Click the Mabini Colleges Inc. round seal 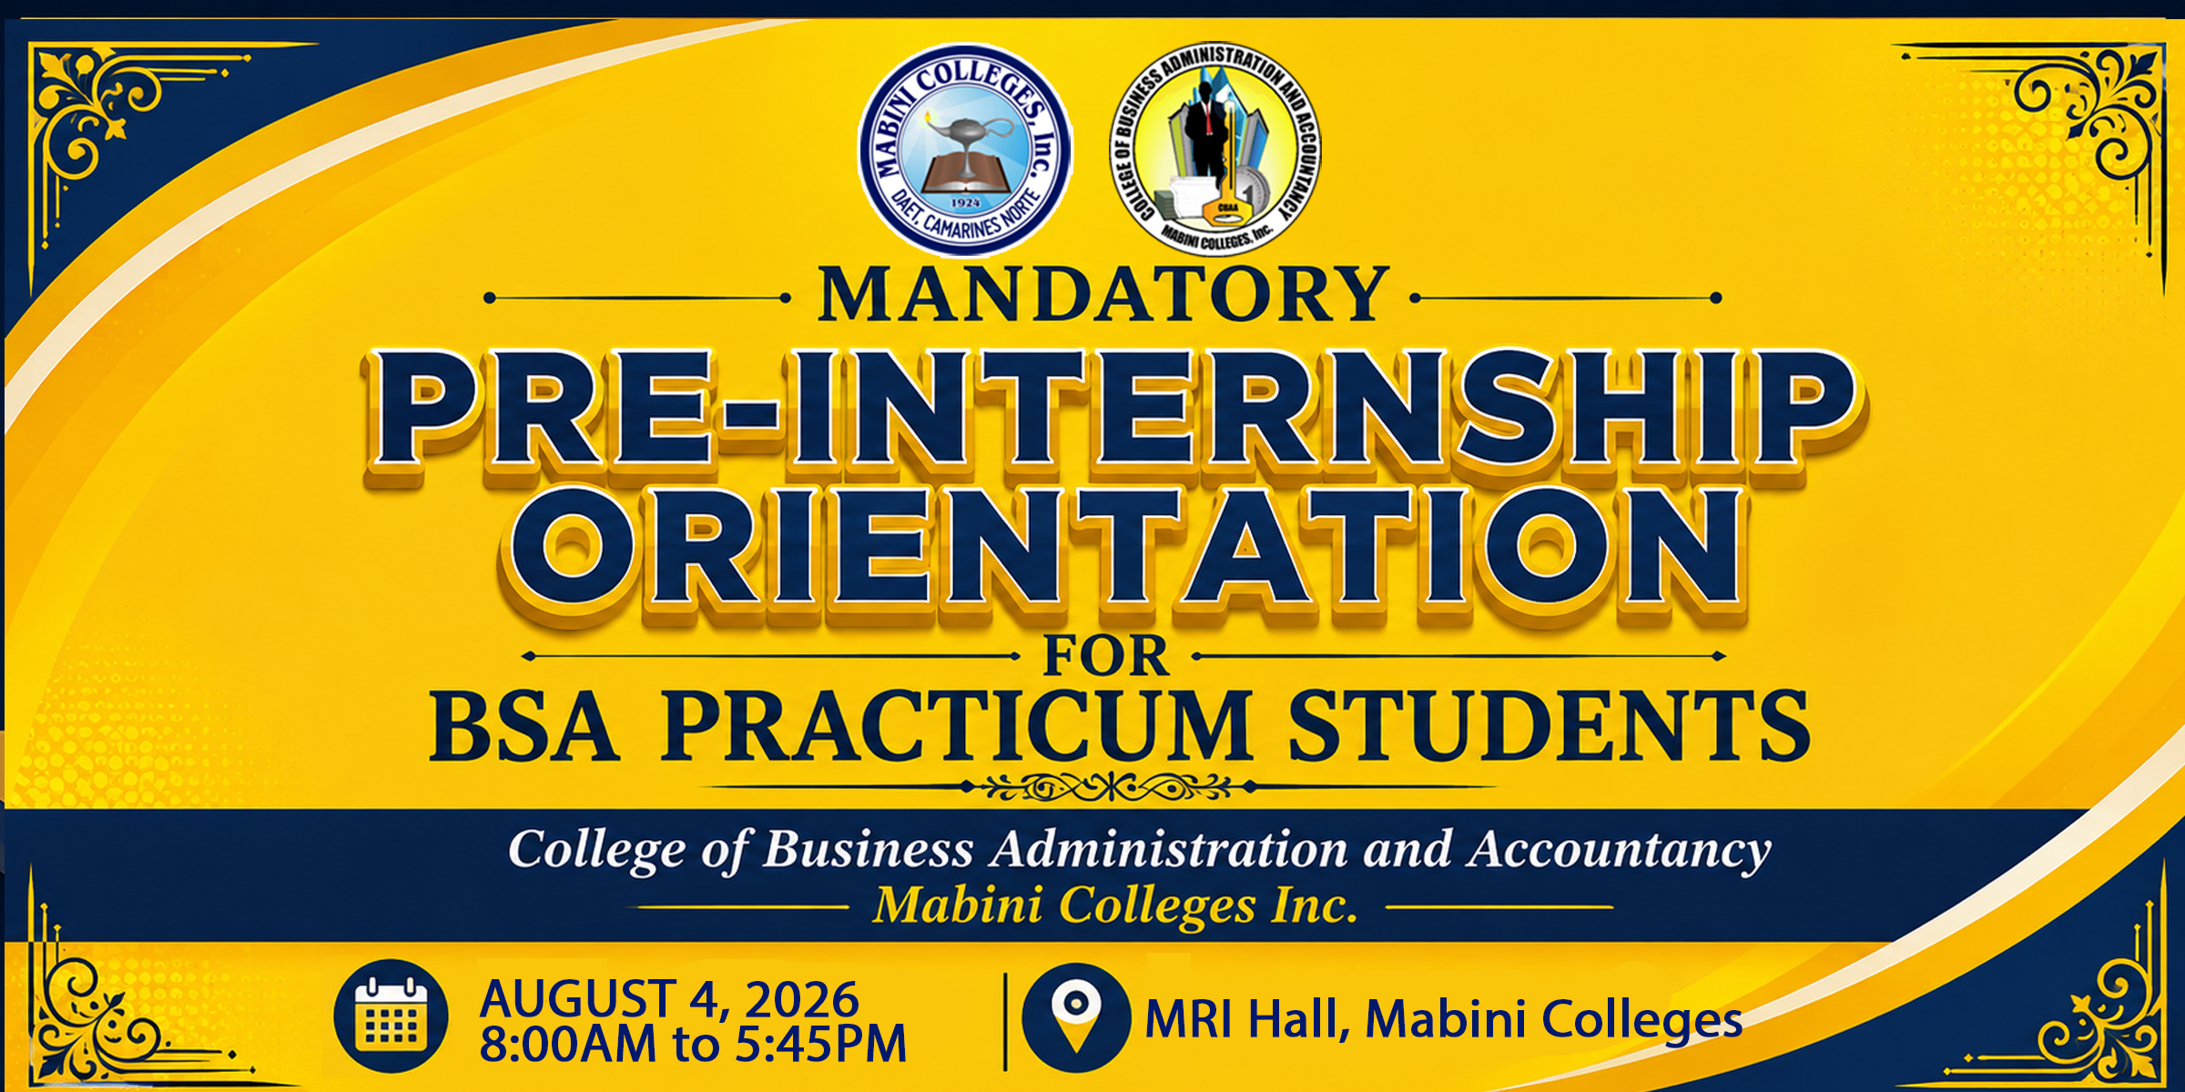pyautogui.click(x=965, y=151)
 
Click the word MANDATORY pyautogui.click(x=1103, y=295)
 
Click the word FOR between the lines pyautogui.click(x=1105, y=656)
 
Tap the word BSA pyautogui.click(x=524, y=725)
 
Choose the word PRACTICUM pyautogui.click(x=956, y=725)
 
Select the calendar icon pyautogui.click(x=391, y=1016)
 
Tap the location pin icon pyautogui.click(x=1076, y=1017)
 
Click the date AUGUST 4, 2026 pyautogui.click(x=669, y=999)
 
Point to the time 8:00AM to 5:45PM pyautogui.click(x=693, y=1044)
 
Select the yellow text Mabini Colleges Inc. pyautogui.click(x=1115, y=906)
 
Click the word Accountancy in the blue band pyautogui.click(x=1620, y=851)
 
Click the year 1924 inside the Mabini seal pyautogui.click(x=965, y=202)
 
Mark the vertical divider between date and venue pyautogui.click(x=1005, y=1021)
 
